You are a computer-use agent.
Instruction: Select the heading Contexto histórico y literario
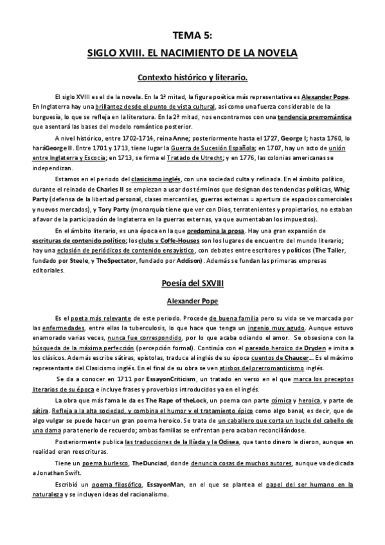click(x=193, y=78)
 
